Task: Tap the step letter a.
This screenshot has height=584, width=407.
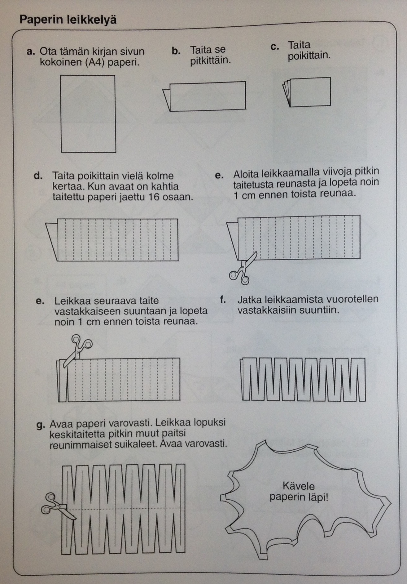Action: [x=30, y=51]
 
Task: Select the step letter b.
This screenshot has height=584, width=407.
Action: [x=176, y=51]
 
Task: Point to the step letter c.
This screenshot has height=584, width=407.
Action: [x=274, y=47]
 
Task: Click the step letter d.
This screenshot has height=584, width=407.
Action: [x=38, y=176]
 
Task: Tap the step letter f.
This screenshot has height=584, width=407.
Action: [x=222, y=300]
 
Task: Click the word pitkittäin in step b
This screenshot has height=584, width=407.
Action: [x=210, y=60]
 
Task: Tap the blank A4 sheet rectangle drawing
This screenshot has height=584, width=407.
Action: [x=88, y=114]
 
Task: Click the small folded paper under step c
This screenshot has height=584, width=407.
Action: [x=307, y=92]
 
